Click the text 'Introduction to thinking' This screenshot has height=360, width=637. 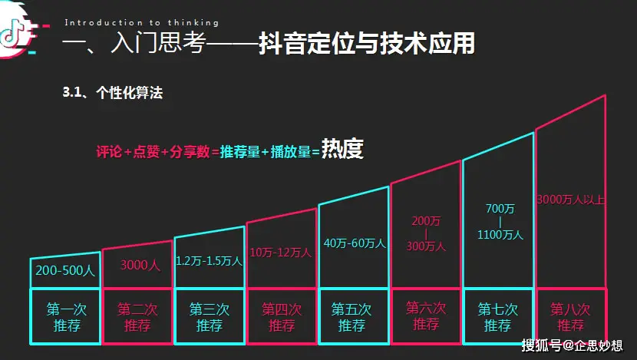coord(142,23)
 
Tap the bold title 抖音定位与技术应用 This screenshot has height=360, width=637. coord(367,43)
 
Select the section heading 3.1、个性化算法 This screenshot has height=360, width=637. coord(113,93)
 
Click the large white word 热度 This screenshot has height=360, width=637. coord(342,149)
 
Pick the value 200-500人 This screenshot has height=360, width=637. coord(65,270)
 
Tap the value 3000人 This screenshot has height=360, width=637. coord(138,266)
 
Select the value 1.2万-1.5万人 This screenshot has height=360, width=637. coord(210,261)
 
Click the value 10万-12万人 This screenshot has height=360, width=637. coord(281,252)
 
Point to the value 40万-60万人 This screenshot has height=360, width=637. coord(353,243)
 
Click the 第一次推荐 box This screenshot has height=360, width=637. coord(65,317)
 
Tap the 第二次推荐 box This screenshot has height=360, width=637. coord(137,317)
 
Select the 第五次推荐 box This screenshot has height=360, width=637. coord(353,317)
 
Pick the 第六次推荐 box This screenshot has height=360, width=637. coord(426,317)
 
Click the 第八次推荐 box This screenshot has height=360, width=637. coord(570,317)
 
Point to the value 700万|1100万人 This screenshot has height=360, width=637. coord(499,222)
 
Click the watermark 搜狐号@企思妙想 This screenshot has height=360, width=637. coord(573,345)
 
